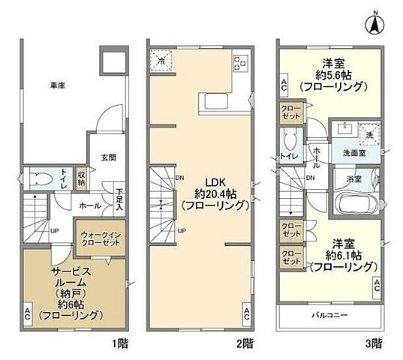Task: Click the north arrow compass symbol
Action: [373, 23]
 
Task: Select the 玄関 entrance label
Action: [108, 157]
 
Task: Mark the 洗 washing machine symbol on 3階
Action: [369, 135]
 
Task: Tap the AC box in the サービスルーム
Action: [27, 313]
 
